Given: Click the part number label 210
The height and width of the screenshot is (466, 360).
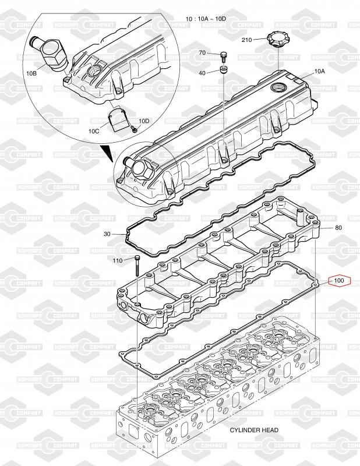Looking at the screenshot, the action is pyautogui.click(x=247, y=40).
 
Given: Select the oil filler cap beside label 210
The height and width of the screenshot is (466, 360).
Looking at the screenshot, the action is pyautogui.click(x=277, y=40).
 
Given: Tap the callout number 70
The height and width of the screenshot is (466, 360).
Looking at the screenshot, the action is pyautogui.click(x=202, y=52).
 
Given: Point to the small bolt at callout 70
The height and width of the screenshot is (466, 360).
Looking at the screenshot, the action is pyautogui.click(x=224, y=57).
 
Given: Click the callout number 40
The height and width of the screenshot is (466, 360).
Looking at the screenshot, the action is pyautogui.click(x=202, y=73).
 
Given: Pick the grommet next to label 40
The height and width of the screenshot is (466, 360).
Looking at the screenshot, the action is pyautogui.click(x=224, y=69).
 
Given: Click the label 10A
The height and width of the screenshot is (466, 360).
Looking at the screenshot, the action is pyautogui.click(x=320, y=71).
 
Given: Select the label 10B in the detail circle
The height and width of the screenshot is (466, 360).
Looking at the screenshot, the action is pyautogui.click(x=31, y=73).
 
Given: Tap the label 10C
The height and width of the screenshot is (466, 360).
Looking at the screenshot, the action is pyautogui.click(x=94, y=131).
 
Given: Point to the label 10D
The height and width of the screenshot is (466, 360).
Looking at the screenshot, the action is pyautogui.click(x=144, y=121).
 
